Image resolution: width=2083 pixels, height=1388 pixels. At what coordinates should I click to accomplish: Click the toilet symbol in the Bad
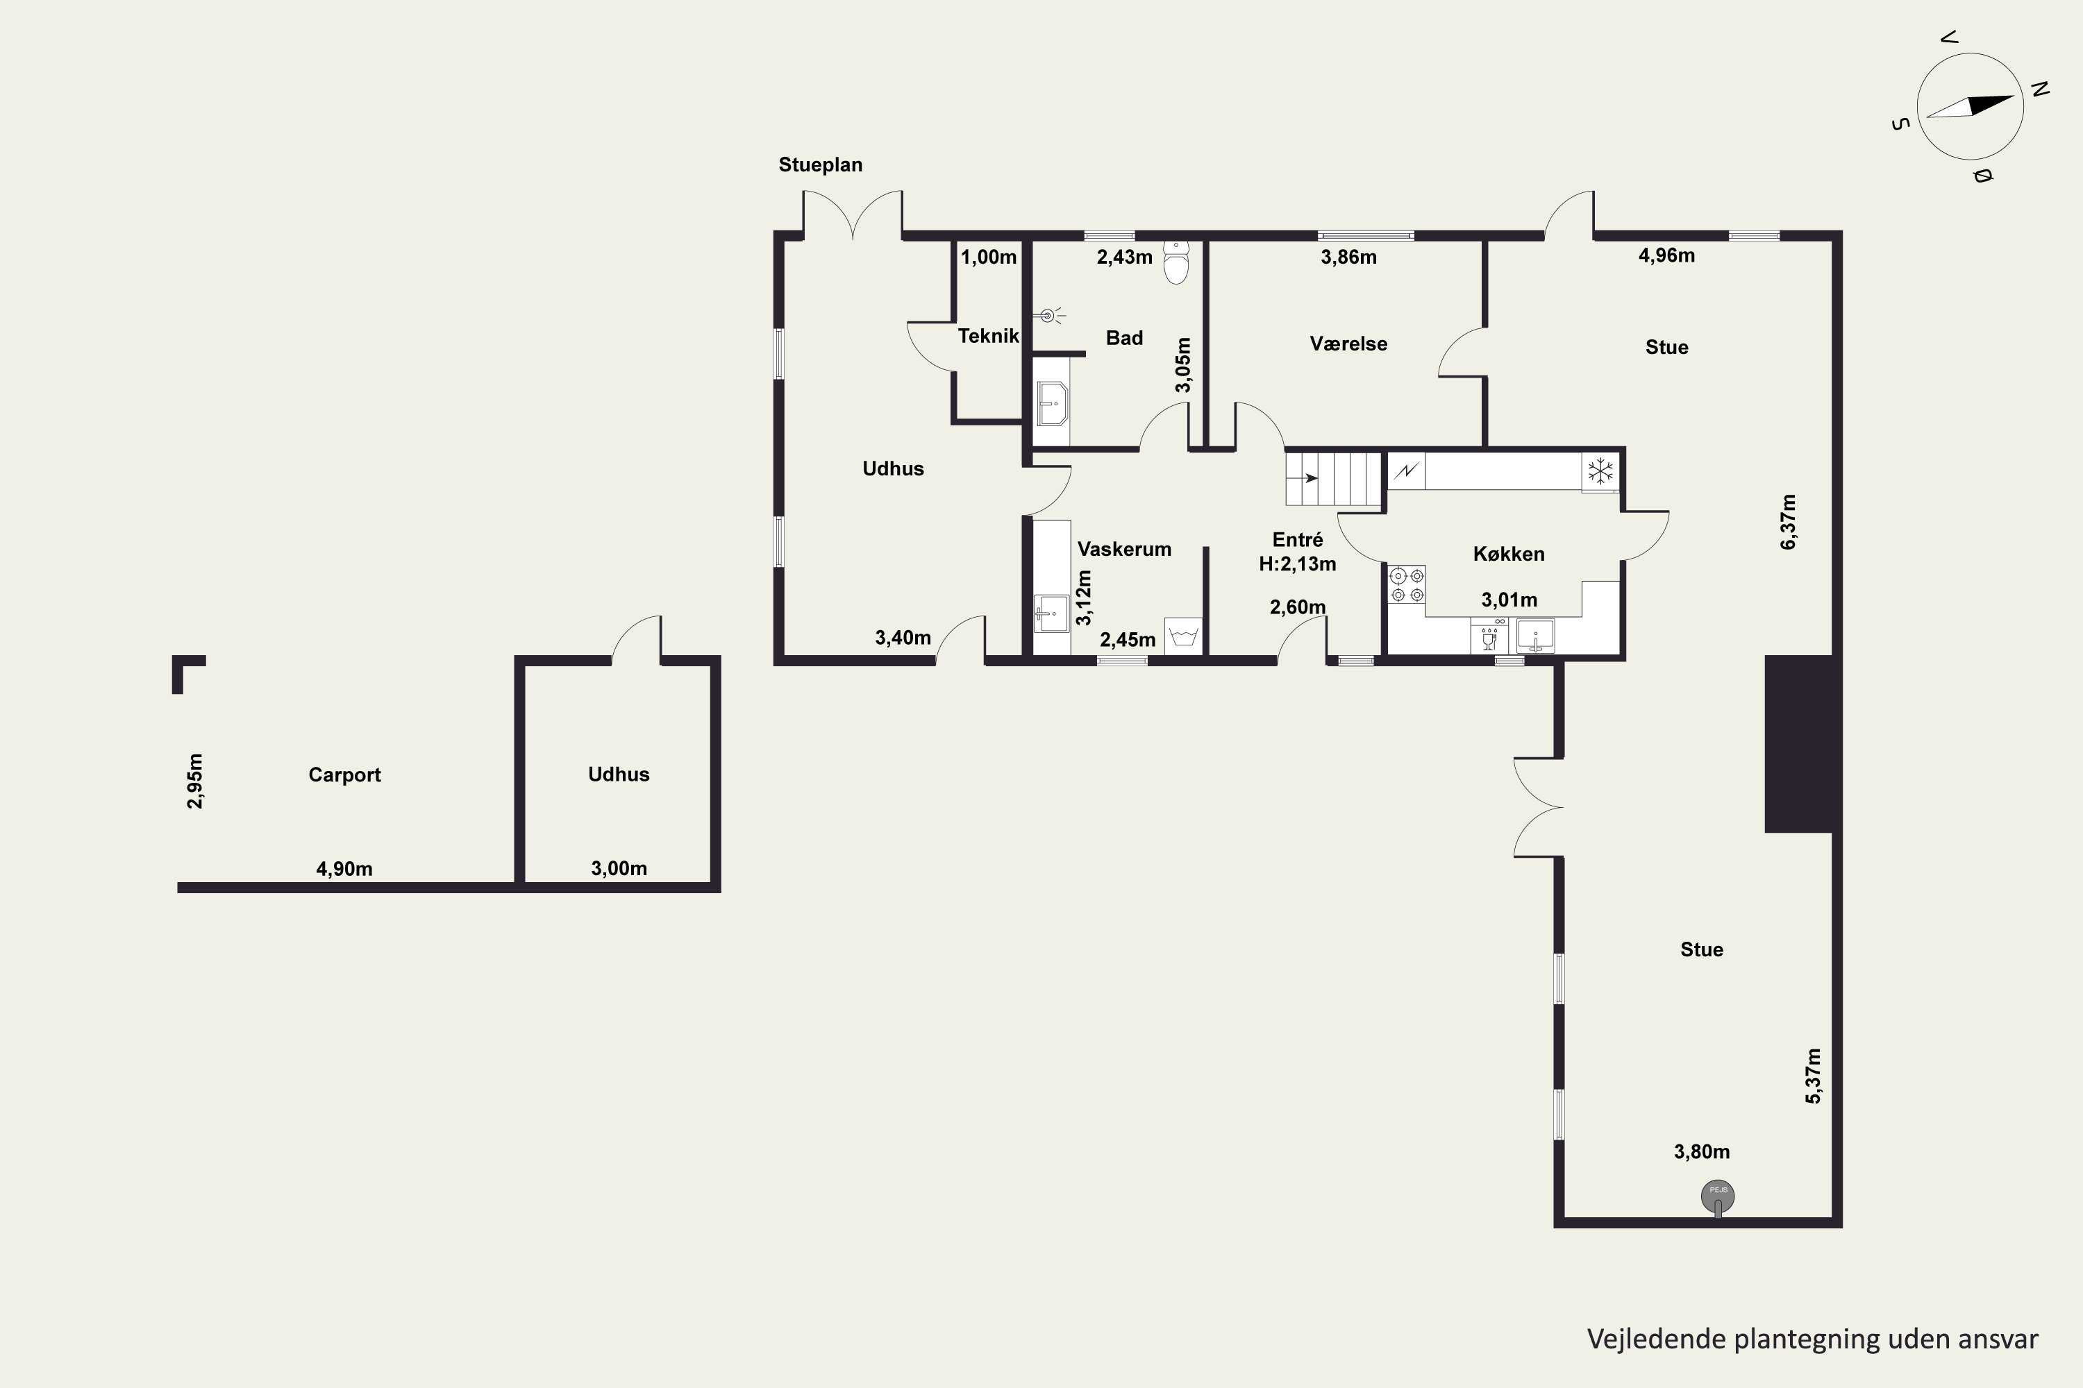[x=1176, y=262]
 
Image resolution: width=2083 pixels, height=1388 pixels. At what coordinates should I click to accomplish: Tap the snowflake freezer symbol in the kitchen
[x=1600, y=471]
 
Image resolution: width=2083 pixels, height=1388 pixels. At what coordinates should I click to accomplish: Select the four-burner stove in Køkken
[x=1407, y=585]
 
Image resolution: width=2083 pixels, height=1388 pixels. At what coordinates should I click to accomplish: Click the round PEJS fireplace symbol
[x=1718, y=1196]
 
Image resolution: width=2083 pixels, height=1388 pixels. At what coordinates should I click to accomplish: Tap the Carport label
[x=344, y=775]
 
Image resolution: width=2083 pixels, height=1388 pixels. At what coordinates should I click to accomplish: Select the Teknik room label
[x=988, y=337]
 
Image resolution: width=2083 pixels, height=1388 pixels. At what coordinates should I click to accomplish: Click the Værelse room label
[x=1348, y=344]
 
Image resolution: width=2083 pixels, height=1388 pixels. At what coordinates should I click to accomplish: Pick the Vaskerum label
[x=1124, y=549]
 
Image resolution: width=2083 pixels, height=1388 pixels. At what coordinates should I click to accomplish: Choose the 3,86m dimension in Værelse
[x=1348, y=257]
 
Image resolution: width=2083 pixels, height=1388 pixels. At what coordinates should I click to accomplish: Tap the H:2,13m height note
[x=1298, y=564]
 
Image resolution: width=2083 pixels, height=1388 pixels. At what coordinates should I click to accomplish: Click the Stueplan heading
[x=820, y=164]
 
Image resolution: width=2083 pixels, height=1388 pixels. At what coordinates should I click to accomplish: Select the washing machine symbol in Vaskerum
[x=1184, y=636]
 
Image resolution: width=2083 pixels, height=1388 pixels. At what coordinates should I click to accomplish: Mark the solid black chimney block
[x=1799, y=743]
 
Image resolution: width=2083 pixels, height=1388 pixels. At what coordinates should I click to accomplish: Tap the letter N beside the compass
[x=2040, y=90]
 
